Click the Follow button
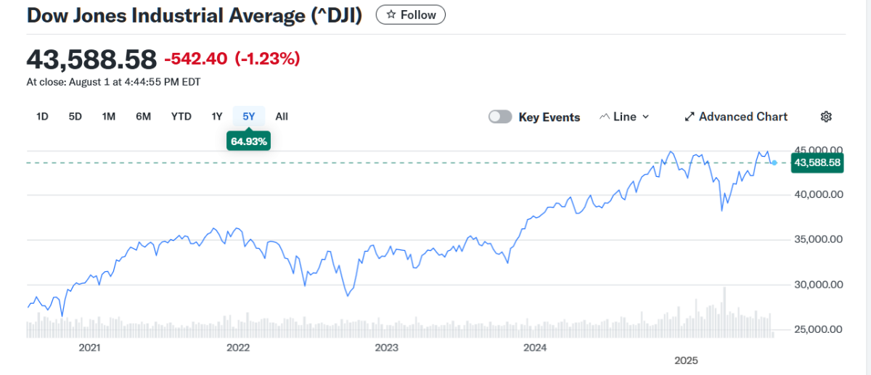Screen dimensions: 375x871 [x=411, y=15]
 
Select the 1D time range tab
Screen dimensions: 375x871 [x=42, y=116]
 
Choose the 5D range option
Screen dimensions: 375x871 [x=75, y=116]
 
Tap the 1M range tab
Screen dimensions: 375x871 [x=109, y=116]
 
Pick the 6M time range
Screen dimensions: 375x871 [x=143, y=116]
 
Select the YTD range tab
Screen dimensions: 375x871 [x=181, y=116]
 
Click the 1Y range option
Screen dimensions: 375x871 [x=217, y=116]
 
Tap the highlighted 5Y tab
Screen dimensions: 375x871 [x=249, y=116]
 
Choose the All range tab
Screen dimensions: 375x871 [x=282, y=116]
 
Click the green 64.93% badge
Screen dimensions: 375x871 [x=250, y=141]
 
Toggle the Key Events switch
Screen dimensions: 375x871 [x=500, y=117]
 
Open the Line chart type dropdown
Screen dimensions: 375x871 [x=624, y=117]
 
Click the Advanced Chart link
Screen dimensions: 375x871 [x=736, y=117]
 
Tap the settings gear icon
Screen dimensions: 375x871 [x=826, y=117]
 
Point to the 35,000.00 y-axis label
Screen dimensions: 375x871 [x=817, y=239]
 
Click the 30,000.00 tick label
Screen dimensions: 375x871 [x=817, y=284]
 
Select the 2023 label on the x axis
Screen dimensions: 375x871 [x=387, y=347]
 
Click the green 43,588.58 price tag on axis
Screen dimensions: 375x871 [x=817, y=162]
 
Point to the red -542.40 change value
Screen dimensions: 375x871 [x=196, y=59]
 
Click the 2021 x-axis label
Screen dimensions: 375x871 [x=89, y=347]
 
